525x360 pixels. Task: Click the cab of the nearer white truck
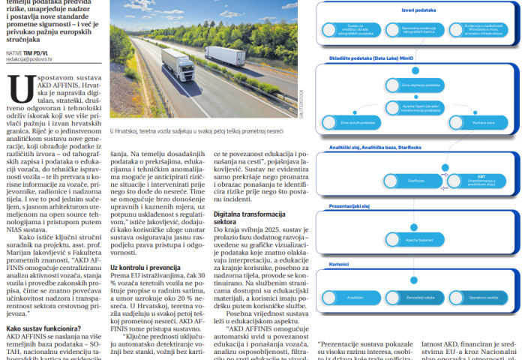point(169,66)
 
